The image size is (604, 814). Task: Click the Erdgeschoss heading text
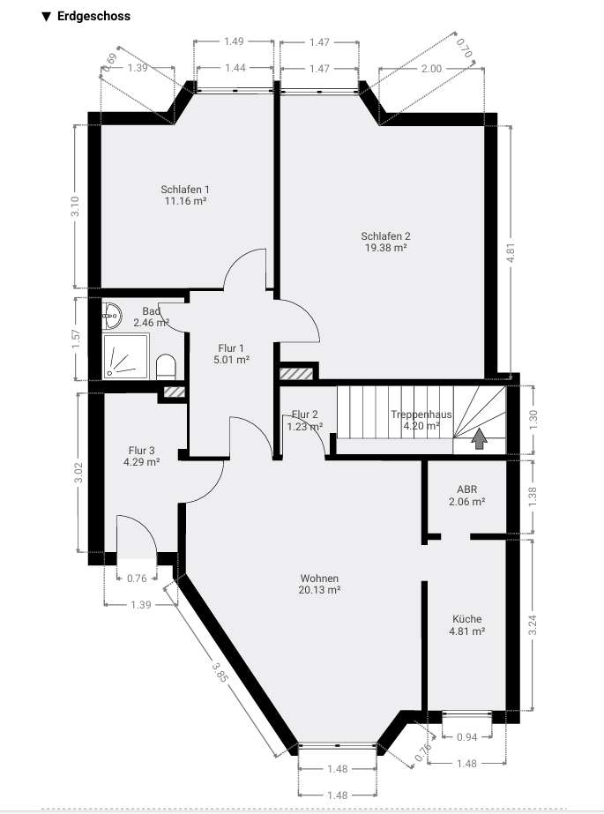point(93,16)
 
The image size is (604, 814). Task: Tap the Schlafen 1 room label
point(185,190)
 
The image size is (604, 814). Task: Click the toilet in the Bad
point(166,365)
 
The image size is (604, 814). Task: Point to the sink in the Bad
point(113,312)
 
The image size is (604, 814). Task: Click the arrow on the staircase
point(480,438)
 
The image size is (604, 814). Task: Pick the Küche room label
point(466,619)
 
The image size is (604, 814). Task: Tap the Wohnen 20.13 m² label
point(319,585)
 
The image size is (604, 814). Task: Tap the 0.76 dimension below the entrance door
point(137,579)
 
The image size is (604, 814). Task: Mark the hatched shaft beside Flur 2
point(297,374)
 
